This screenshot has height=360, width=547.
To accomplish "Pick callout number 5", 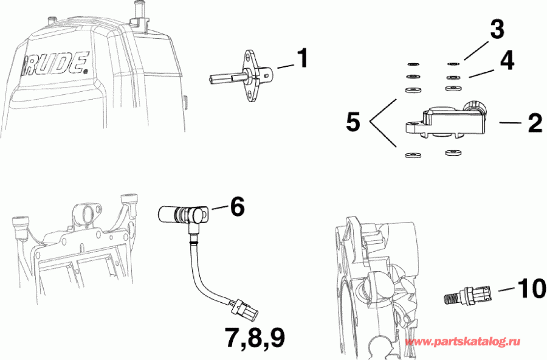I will [353, 123].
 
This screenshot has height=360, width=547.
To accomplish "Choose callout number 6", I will [236, 207].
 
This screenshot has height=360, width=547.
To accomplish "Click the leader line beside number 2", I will [511, 123].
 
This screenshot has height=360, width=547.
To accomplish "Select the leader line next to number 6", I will [219, 207].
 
